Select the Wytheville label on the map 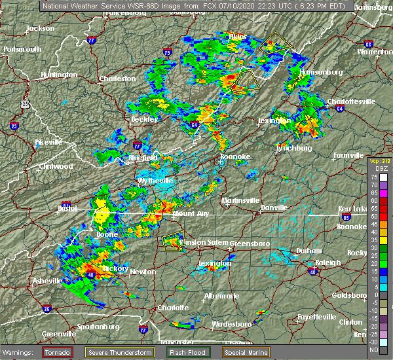(155, 181)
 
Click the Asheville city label (47, 281)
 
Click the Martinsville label (240, 200)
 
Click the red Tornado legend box (58, 352)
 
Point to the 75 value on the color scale (373, 177)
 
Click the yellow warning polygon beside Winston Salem (172, 242)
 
